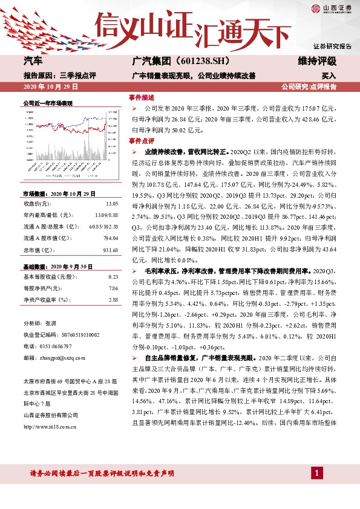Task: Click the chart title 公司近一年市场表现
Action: click(47, 103)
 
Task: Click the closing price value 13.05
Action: click(111, 204)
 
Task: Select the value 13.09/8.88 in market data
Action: click(106, 215)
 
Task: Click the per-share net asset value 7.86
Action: click(113, 288)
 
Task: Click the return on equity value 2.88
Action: click(113, 299)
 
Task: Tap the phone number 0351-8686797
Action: click(54, 346)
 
